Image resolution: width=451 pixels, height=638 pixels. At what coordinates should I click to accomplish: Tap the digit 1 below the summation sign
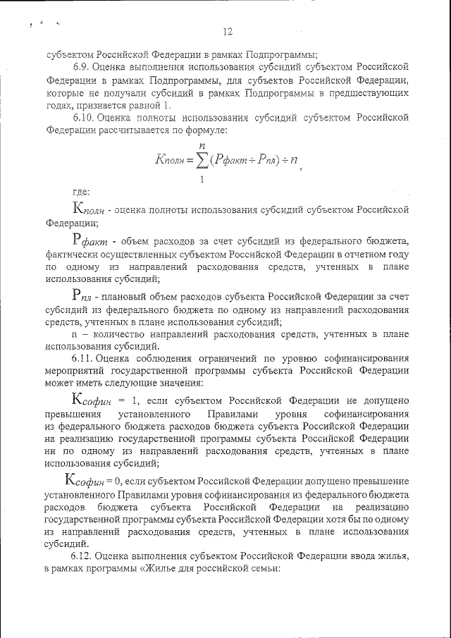coord(202,179)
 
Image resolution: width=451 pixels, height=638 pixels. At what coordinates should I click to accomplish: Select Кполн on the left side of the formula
coord(169,160)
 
